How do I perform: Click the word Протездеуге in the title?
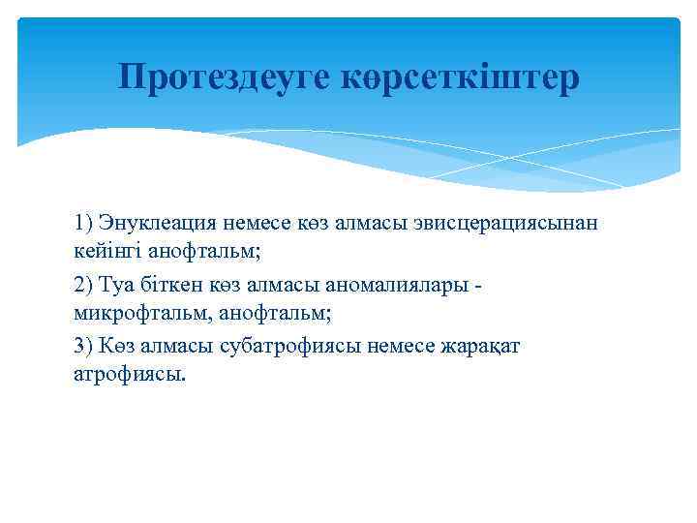(x=226, y=77)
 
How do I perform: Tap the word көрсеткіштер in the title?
(x=461, y=77)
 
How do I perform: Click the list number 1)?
(x=83, y=223)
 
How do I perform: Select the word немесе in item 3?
(x=397, y=348)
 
